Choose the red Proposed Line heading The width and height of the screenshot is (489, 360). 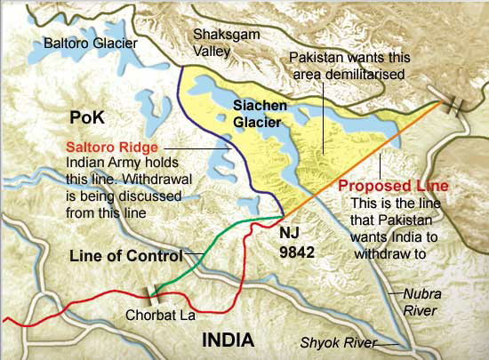click(x=393, y=187)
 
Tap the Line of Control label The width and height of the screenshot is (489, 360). click(x=127, y=255)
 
